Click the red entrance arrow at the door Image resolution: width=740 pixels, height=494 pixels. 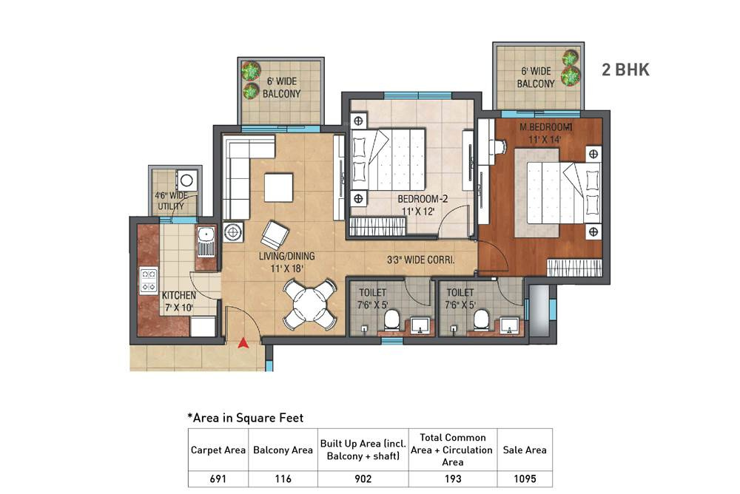242,342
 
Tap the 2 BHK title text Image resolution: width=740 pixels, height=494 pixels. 625,70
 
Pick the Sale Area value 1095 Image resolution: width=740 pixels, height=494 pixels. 524,478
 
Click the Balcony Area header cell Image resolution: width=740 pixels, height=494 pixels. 281,450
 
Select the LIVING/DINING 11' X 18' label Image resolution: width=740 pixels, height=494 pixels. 286,262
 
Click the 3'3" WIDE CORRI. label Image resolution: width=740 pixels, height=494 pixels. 420,260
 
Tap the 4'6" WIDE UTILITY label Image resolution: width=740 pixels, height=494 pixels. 171,200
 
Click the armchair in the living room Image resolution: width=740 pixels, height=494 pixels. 274,235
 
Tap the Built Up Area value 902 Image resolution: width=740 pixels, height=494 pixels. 363,478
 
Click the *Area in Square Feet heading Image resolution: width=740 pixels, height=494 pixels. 244,418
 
